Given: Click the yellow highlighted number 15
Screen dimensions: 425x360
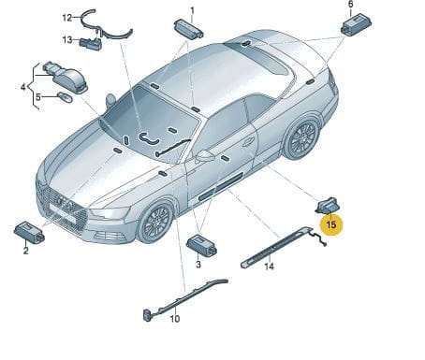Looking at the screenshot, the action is [x=331, y=224].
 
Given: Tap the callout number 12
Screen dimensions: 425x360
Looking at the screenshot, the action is [x=67, y=18].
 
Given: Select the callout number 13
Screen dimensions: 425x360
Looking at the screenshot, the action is [x=67, y=40].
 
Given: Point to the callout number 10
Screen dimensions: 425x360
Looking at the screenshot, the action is [x=175, y=319].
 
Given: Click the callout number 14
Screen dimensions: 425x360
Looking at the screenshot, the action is [x=269, y=266].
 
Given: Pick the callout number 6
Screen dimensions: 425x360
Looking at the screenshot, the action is [x=351, y=5].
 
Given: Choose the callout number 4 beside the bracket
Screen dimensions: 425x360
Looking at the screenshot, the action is [x=23, y=87].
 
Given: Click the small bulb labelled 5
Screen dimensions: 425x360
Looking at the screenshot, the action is [x=66, y=97].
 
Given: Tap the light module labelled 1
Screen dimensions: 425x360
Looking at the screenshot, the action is [x=188, y=29].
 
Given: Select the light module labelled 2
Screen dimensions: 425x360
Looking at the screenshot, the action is [x=30, y=232].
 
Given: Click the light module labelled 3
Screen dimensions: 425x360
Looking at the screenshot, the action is [x=201, y=244].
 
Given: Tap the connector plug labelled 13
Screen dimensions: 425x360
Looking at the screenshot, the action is [x=91, y=44].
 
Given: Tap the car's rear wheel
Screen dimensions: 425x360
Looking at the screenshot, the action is [x=301, y=137].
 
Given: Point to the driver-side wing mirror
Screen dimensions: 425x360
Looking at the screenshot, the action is [x=205, y=156].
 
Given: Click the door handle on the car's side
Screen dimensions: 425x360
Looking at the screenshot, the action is [x=248, y=142].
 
